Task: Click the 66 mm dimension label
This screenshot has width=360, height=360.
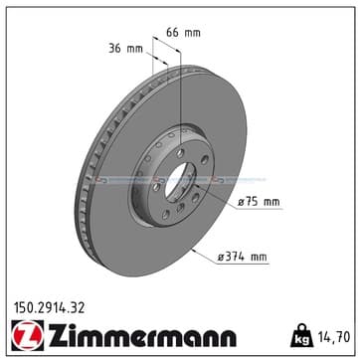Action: [183, 33]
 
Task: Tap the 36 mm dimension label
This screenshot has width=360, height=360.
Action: [125, 49]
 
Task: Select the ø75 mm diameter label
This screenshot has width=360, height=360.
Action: [259, 202]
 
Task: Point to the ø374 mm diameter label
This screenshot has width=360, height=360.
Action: [243, 257]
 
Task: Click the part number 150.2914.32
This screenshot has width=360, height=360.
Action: [49, 308]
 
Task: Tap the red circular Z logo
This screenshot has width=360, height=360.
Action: [28, 336]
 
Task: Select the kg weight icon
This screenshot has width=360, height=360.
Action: [301, 335]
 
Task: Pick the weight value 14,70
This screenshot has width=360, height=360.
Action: [334, 337]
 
